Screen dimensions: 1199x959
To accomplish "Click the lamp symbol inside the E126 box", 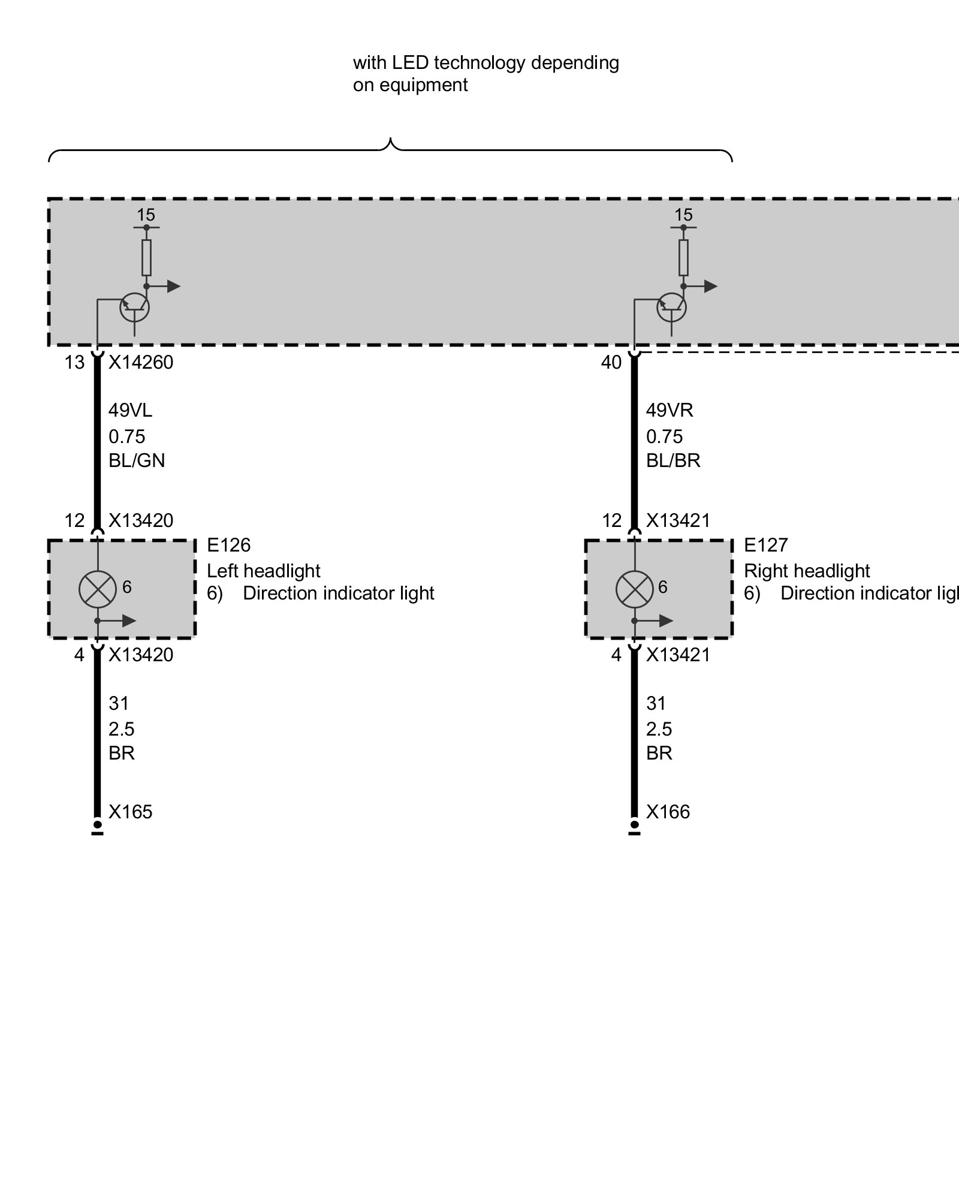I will coord(97,589).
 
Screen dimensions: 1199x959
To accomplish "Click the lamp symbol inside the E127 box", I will coord(634,589).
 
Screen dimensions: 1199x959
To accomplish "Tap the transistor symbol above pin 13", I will coord(135,308).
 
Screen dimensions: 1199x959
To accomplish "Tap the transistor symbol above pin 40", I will coord(672,308).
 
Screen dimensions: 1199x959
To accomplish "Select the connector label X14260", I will coord(141,362).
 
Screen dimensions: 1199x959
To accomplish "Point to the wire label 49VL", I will coord(130,411).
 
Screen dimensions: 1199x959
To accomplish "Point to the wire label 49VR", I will coord(670,411).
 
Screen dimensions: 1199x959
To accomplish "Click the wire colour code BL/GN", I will coord(137,460).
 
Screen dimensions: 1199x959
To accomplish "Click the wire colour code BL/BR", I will coord(673,460).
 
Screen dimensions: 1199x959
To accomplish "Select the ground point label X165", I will coord(131,812).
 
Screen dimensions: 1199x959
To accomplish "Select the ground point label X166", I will coord(668,812).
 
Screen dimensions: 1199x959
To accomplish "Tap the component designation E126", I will coord(228,545).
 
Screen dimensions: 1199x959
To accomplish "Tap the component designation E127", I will coord(765,545).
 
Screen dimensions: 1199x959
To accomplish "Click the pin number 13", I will coord(75,363).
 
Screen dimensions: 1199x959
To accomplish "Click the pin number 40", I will coord(611,363).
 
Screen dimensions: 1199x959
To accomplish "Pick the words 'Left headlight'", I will coord(264,571).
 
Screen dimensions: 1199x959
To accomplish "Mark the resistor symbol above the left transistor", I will coord(146,258).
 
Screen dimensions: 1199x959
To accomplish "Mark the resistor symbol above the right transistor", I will coord(683,258).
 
